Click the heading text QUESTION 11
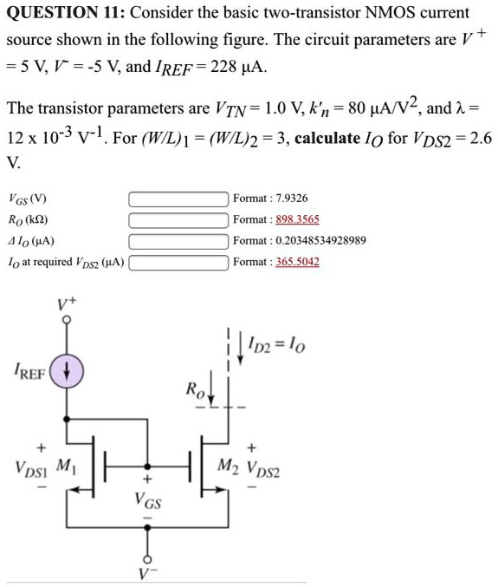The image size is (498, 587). (73, 13)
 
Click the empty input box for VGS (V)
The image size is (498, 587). (178, 199)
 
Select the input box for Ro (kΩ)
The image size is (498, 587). (178, 219)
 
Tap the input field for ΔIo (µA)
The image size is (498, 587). (178, 240)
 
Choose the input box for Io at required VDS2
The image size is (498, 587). (178, 261)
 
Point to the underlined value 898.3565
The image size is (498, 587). (294, 219)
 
